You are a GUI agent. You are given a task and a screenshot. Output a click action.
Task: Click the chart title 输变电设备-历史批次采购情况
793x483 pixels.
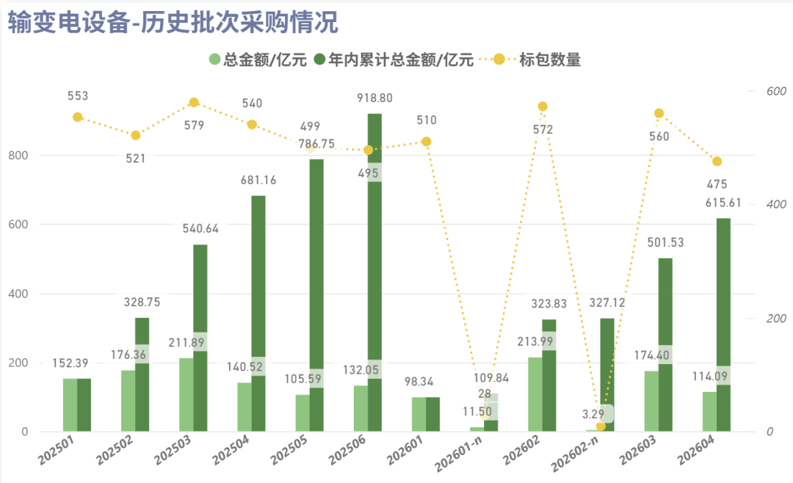(x=173, y=23)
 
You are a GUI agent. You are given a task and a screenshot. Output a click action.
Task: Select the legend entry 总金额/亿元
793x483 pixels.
(x=258, y=59)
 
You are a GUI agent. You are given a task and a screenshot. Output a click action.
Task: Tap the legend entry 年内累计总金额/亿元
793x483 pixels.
(x=394, y=59)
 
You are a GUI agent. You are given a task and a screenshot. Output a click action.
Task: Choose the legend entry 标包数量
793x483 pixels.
(x=537, y=59)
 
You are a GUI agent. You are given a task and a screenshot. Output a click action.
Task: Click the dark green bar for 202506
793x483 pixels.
(x=374, y=272)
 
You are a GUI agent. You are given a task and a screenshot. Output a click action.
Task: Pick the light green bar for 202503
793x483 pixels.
(x=186, y=394)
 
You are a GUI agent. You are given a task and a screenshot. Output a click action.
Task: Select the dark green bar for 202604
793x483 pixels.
(x=723, y=324)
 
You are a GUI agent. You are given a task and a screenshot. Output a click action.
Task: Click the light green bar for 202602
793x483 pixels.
(x=535, y=394)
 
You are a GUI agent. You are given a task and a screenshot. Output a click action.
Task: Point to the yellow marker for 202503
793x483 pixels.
(x=194, y=103)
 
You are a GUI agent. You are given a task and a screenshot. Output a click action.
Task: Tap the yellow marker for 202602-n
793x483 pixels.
(x=601, y=426)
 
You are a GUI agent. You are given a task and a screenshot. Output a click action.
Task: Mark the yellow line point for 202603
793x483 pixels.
(x=659, y=113)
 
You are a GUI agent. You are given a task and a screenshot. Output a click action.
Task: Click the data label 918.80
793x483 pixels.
(x=374, y=98)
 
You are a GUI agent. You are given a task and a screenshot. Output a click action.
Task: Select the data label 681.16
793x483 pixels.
(x=258, y=180)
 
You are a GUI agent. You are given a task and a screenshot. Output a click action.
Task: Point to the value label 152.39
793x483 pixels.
(x=70, y=363)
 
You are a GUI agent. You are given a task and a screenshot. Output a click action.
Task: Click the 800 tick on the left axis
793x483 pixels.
(x=18, y=156)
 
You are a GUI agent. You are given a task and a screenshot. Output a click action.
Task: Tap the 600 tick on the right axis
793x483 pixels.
(x=776, y=91)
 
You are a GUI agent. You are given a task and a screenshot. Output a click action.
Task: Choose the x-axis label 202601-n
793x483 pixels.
(x=458, y=454)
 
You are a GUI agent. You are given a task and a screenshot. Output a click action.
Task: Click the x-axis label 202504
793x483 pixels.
(x=231, y=450)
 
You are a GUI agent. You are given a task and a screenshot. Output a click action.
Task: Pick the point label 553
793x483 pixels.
(x=78, y=95)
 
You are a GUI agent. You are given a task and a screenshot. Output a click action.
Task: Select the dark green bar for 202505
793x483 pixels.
(x=316, y=295)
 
